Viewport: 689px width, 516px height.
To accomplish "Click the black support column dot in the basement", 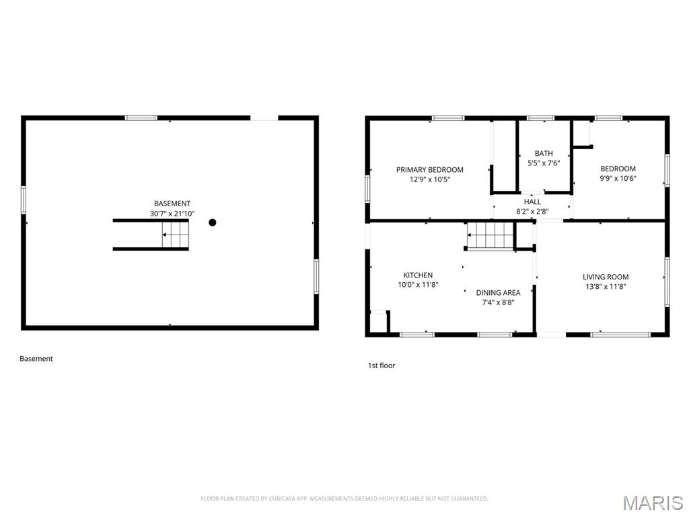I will coord(213,222).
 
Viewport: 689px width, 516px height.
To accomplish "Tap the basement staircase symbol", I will coord(176,235).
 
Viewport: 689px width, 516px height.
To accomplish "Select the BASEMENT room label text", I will coord(172,204).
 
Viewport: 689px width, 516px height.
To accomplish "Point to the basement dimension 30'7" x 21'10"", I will coord(172,214).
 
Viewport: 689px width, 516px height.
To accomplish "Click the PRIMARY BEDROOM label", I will coord(429,170).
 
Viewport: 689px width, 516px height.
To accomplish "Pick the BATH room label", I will coord(544,154).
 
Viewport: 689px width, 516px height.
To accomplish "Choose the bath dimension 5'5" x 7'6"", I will coord(544,163).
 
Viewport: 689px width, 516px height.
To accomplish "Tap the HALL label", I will coord(532,202).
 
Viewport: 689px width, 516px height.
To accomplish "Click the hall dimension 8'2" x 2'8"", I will coord(532,211).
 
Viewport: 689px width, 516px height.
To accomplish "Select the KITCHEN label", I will coord(418,275).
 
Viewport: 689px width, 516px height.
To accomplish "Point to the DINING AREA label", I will coord(498,293).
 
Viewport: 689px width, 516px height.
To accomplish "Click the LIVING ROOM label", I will coord(606,277).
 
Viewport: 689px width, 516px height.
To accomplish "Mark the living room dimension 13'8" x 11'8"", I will coord(606,287).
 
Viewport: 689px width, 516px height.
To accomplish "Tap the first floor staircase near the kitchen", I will coord(491,236).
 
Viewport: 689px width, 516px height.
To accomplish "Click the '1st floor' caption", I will coord(382,365).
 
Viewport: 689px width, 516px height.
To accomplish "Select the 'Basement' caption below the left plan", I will coord(36,359).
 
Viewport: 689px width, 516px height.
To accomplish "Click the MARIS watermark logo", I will coord(652,503).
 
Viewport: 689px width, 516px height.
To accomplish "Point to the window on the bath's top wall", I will coord(540,118).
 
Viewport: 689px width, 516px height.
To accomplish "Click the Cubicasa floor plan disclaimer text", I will coord(344,499).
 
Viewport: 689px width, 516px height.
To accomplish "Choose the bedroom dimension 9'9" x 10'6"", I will coord(618,179).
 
